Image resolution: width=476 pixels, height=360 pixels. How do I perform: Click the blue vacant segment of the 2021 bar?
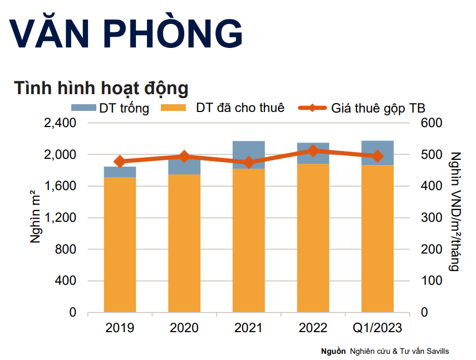click(x=249, y=154)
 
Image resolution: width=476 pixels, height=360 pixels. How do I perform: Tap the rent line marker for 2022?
click(x=313, y=150)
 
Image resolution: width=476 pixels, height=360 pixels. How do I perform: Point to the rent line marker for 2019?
click(x=120, y=162)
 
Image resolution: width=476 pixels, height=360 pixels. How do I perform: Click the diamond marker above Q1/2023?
click(x=377, y=157)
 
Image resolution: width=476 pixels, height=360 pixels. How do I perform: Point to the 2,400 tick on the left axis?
click(x=60, y=123)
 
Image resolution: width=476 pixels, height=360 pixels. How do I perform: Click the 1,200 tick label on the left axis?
click(x=60, y=217)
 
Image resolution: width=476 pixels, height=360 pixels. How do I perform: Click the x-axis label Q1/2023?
click(x=377, y=328)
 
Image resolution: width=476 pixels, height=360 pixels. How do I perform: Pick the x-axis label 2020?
click(x=184, y=328)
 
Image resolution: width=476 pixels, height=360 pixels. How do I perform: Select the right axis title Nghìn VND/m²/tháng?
click(x=455, y=211)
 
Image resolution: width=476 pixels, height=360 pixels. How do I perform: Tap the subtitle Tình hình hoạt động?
click(x=101, y=88)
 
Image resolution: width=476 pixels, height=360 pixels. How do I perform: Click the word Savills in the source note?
click(x=438, y=352)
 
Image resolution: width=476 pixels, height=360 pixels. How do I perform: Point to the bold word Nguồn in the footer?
click(x=333, y=352)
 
